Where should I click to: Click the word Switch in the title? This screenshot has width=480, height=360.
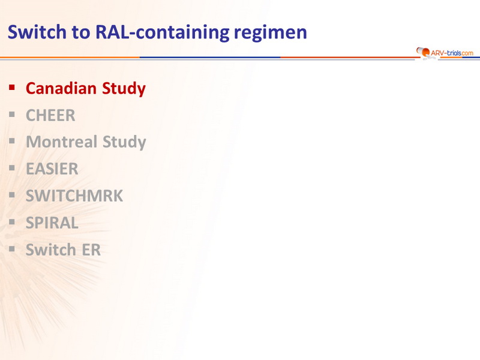(37, 32)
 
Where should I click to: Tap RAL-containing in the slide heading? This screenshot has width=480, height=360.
(162, 32)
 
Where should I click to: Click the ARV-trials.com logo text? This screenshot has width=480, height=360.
(452, 53)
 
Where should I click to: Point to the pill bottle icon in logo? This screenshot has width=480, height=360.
(423, 52)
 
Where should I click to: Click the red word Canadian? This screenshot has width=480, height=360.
(61, 88)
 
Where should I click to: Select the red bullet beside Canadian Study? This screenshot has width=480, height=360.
(12, 88)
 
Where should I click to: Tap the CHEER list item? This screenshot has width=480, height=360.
(50, 115)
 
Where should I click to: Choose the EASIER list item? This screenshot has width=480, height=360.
(52, 169)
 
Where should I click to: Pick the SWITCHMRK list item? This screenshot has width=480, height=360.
(74, 196)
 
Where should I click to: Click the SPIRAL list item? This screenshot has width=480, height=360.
(52, 223)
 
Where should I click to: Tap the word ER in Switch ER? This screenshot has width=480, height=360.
(91, 250)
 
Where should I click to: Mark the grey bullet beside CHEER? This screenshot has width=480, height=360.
(12, 115)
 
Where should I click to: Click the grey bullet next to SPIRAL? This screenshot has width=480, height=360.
(12, 222)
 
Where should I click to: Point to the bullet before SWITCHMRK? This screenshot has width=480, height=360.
(12, 195)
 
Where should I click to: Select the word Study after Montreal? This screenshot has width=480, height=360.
(124, 142)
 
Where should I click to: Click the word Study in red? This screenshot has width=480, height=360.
(124, 89)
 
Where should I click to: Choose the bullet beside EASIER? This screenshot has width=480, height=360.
(12, 168)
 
